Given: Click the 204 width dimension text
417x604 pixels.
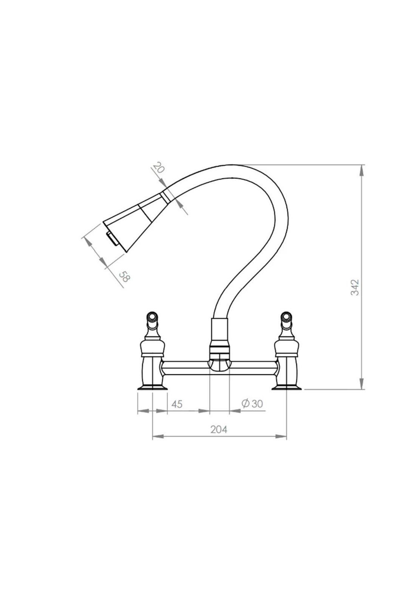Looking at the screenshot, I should coord(219,429).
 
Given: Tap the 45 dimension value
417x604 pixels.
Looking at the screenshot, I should coord(177,404).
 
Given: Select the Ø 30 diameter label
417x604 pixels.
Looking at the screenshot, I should coord(252,404).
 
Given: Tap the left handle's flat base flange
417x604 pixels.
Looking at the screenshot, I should coord(152,387).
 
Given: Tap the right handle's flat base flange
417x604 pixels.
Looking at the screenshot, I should coord(286,387).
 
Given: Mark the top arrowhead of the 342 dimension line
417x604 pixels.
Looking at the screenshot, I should coord(362,169).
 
